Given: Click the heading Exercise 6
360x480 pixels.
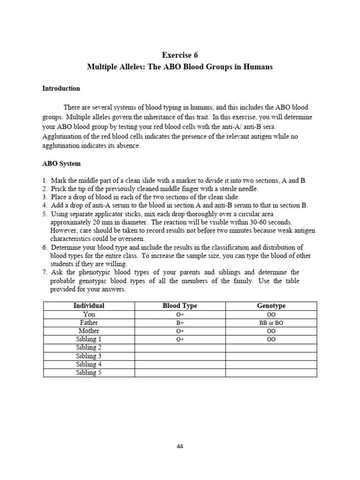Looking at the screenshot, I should (180, 55).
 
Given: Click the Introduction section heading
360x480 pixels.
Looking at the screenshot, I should (61, 88).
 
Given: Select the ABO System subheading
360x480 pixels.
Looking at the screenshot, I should (61, 164).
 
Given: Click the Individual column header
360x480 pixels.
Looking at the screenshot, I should (89, 306).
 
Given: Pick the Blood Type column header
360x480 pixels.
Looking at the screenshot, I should (180, 306).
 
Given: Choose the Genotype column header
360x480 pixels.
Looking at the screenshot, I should (271, 306).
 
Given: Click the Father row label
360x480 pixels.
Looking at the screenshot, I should (89, 323).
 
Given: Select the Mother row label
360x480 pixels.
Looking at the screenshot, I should (89, 331).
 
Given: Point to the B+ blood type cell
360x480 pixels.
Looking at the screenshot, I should (180, 323).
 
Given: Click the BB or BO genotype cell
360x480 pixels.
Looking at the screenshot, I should (271, 323).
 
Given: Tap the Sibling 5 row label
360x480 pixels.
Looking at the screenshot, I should (89, 373).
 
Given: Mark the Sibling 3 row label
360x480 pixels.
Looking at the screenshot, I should (89, 356).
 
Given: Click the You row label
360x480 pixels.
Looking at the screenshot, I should (89, 315).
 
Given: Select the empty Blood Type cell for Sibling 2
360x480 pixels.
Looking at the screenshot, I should (180, 348).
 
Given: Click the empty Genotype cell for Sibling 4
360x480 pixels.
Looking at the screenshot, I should (271, 365).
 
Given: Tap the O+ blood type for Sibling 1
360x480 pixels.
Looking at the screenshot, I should (180, 339).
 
